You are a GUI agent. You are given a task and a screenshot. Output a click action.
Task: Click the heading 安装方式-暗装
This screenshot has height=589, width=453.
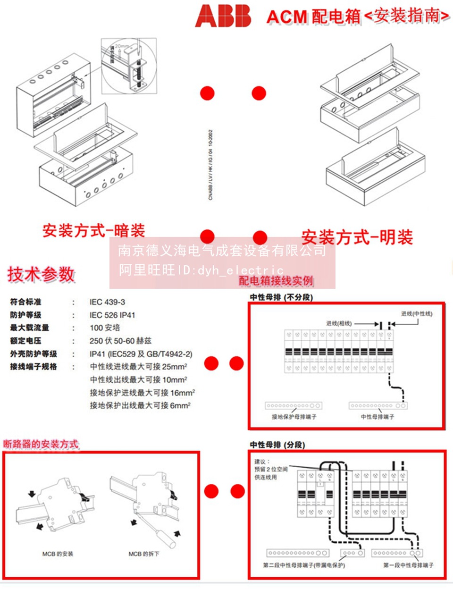tap(93, 231)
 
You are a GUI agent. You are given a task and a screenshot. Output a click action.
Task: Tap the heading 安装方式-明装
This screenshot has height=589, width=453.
tap(357, 237)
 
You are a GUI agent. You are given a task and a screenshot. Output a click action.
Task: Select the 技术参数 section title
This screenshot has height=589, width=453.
tap(41, 274)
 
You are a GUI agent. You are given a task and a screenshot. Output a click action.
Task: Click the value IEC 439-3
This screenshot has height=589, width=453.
tap(107, 302)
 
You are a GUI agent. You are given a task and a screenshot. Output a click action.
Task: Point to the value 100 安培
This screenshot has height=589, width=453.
tap(105, 328)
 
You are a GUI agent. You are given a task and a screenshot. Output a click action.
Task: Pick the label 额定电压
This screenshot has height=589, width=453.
tap(25, 341)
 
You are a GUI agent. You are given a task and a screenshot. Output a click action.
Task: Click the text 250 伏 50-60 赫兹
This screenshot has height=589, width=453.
tap(120, 341)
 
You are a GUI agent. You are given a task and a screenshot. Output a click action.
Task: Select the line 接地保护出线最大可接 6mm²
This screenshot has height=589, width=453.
tap(140, 405)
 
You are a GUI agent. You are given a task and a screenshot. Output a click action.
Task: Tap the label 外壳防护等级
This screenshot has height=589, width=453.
tap(34, 354)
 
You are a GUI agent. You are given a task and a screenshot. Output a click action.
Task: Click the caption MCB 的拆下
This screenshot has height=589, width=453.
tap(144, 554)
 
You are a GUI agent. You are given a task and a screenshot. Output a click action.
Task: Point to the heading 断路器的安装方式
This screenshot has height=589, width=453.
tap(41, 444)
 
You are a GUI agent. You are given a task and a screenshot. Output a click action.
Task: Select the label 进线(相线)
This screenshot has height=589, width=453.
tap(339, 323)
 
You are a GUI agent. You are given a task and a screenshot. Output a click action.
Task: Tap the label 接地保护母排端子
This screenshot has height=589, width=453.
tap(294, 417)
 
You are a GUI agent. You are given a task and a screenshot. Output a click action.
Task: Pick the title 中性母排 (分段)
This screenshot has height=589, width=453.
tap(277, 445)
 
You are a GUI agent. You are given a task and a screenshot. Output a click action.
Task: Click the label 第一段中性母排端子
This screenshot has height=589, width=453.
tap(408, 565)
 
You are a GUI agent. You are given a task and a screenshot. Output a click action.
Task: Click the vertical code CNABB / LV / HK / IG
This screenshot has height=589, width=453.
tap(210, 165)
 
